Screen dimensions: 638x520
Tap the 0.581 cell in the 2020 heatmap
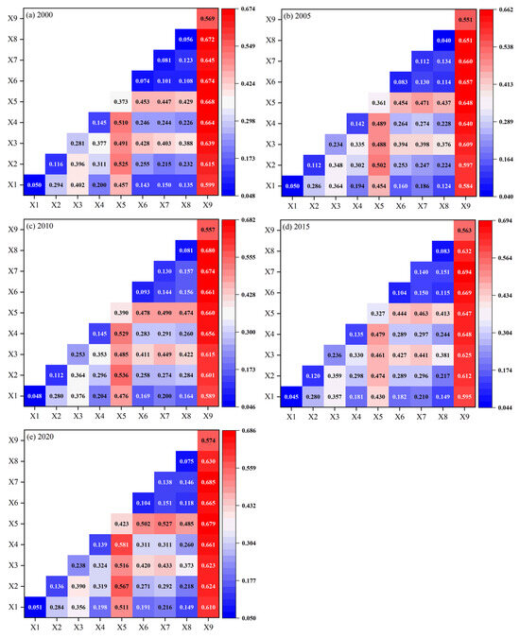pyautogui.click(x=120, y=544)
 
